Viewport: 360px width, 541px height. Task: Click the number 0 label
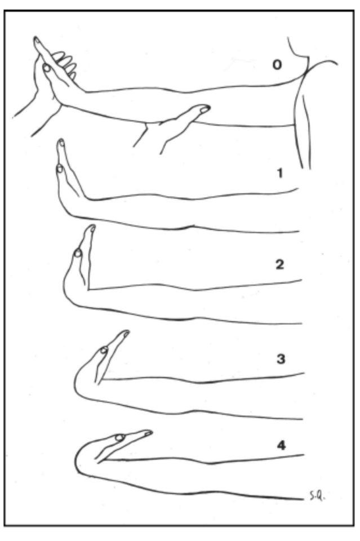tap(277, 64)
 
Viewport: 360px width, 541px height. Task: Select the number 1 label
tap(279, 173)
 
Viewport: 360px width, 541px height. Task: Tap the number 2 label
tap(279, 265)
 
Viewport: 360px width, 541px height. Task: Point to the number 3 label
tap(281, 359)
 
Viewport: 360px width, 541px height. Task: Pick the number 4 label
tap(281, 445)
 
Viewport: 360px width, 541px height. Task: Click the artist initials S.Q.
tap(315, 498)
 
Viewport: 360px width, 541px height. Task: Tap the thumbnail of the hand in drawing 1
tap(60, 168)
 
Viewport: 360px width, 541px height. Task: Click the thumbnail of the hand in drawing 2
tap(78, 254)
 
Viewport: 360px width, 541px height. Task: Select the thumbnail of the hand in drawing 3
tap(104, 351)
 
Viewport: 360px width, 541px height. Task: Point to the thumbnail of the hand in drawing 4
tap(120, 437)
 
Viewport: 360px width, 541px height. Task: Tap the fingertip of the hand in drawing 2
tap(92, 227)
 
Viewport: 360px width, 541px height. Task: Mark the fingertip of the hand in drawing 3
tap(126, 332)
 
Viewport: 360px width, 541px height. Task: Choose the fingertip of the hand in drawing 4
tap(148, 432)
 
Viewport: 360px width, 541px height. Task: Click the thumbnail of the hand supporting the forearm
tap(205, 109)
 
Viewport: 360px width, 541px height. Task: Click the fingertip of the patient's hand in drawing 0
tap(36, 39)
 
